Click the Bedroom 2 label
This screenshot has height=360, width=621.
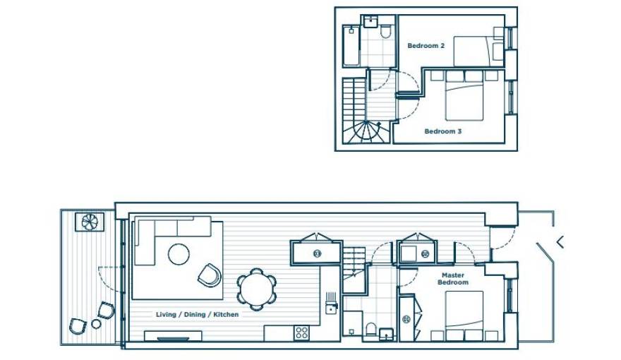[x=426, y=46]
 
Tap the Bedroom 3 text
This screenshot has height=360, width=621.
[x=442, y=131]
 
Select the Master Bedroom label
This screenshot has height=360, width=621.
[x=452, y=279]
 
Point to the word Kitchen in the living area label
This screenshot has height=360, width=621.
[x=225, y=314]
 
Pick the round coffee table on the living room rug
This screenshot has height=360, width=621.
[x=179, y=253]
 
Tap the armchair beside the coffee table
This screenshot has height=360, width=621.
[x=210, y=275]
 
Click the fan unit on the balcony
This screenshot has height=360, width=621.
[x=91, y=222]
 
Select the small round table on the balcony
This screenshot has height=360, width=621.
[x=96, y=323]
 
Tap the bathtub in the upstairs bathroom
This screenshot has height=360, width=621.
[x=351, y=46]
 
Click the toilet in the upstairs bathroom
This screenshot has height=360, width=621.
[x=385, y=32]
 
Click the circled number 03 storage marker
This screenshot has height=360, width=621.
[x=317, y=253]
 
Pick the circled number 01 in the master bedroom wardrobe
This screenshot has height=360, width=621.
[x=406, y=320]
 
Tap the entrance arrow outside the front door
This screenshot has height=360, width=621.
[x=560, y=242]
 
